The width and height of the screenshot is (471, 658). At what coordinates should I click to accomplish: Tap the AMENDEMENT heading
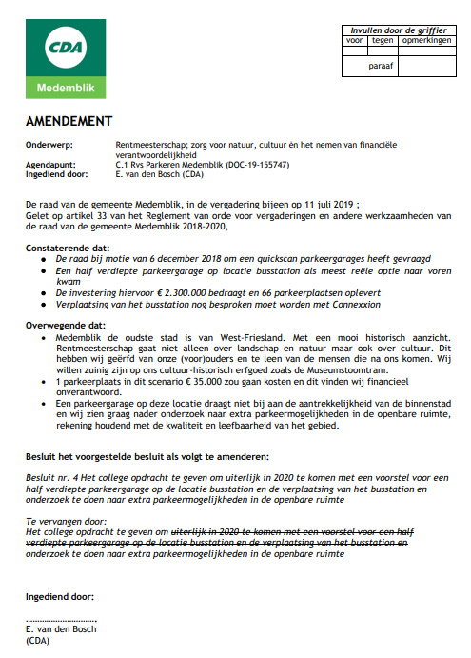[x=69, y=122]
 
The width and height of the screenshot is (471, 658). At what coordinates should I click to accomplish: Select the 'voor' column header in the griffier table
[x=354, y=41]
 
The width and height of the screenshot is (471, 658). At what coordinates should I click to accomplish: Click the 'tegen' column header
[x=383, y=41]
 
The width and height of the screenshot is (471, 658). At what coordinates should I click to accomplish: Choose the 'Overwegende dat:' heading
[x=65, y=325]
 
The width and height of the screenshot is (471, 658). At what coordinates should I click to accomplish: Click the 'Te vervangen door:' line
[x=61, y=521]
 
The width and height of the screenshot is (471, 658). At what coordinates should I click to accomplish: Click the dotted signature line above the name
[x=61, y=619]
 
